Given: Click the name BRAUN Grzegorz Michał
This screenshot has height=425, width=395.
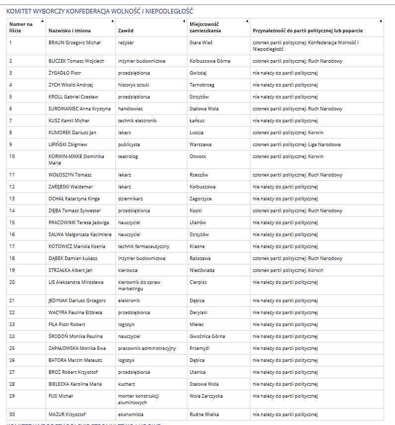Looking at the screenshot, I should (75, 43).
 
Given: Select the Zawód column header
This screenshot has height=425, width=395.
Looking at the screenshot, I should (126, 31).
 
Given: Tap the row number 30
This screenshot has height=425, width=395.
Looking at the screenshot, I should (12, 415).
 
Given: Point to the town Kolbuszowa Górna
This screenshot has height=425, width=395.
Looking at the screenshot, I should (210, 61).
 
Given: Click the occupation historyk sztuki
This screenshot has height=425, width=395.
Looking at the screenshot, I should (134, 85).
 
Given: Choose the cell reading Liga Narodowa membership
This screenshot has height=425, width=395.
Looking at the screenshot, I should (297, 145).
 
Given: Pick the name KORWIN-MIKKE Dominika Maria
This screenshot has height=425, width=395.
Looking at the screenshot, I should (76, 160).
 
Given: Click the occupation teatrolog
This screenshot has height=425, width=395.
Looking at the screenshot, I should (128, 157).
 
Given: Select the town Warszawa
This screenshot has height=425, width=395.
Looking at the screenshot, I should (201, 145).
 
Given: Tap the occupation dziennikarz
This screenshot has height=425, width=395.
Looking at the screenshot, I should (130, 199).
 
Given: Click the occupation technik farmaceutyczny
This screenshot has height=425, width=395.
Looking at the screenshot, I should (144, 247).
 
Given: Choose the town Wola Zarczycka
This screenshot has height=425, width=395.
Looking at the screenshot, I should (206, 396).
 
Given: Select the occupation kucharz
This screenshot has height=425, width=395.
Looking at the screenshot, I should (127, 384).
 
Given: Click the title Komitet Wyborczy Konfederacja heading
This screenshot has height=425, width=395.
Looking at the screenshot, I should (99, 11).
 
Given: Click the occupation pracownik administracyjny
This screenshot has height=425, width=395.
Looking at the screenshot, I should (147, 348).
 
